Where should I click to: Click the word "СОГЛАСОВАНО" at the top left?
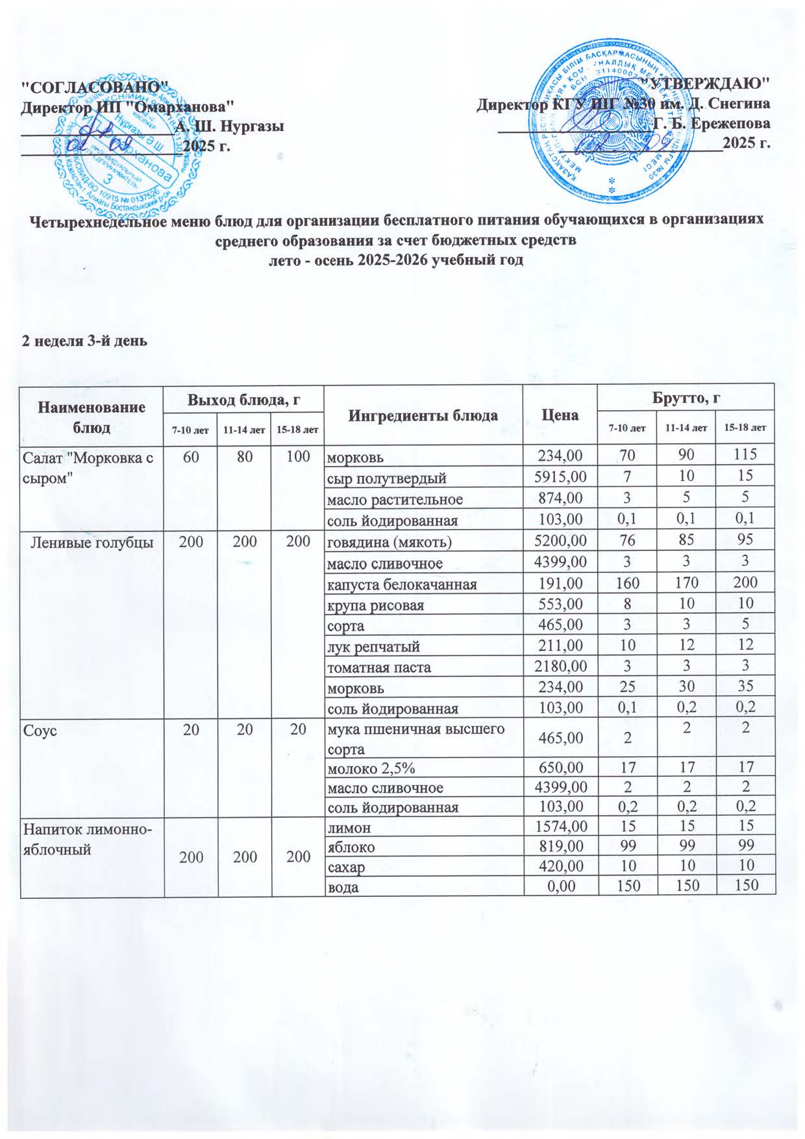coord(95,86)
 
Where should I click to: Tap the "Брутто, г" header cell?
coord(687,397)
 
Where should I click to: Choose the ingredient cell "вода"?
coord(342,887)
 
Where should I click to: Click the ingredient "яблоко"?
coord(351,847)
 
